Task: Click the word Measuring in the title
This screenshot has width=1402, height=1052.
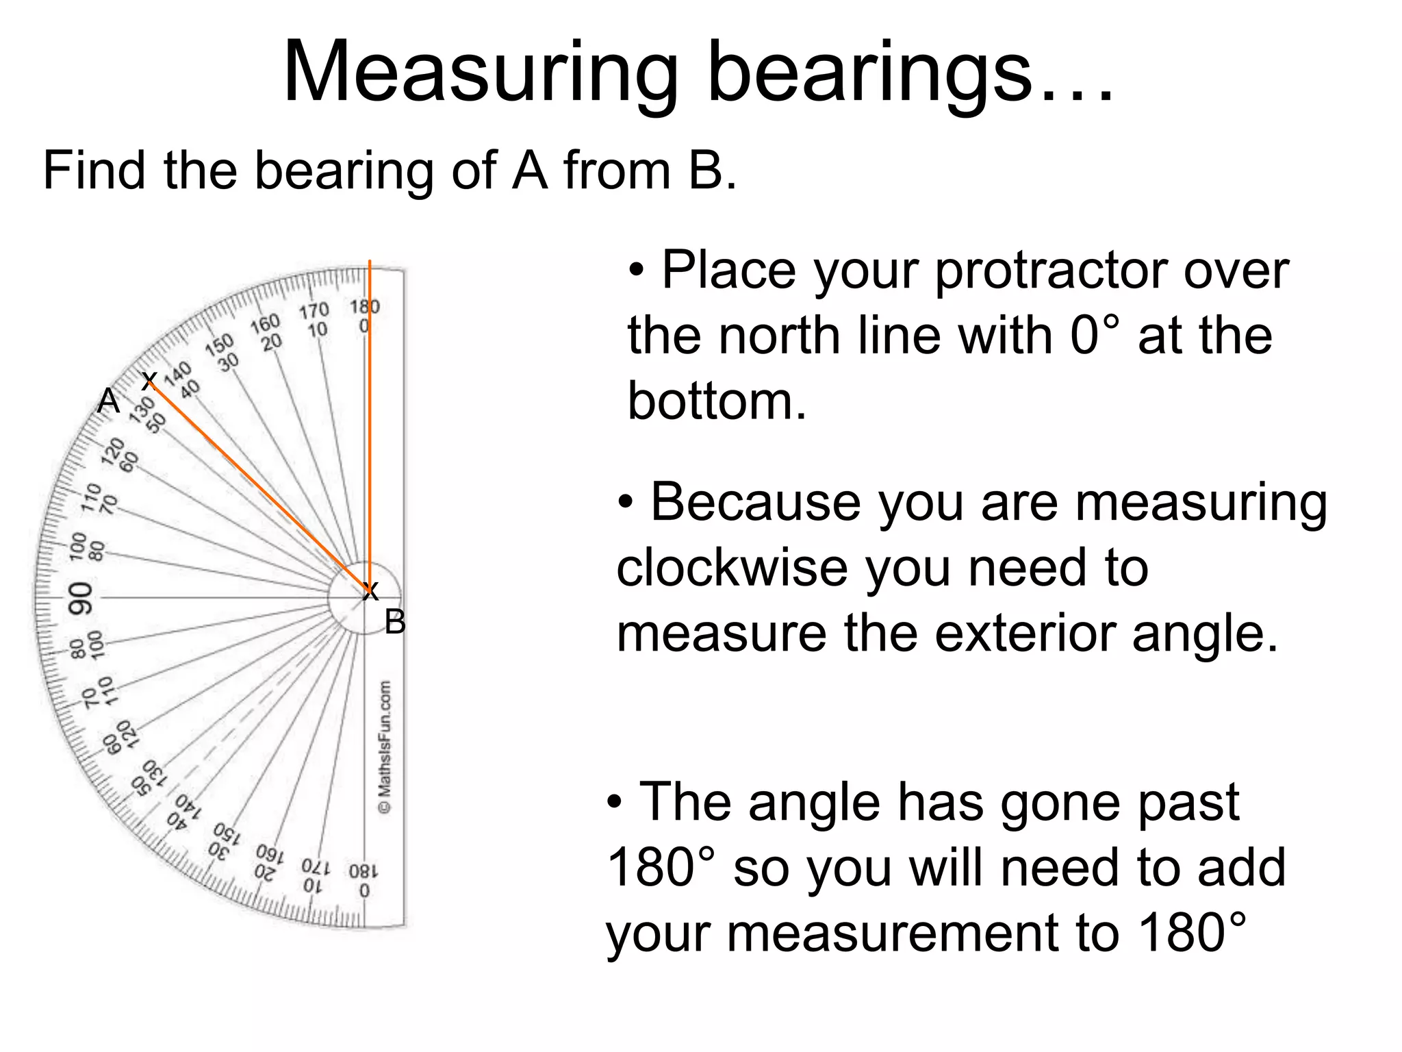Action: (480, 74)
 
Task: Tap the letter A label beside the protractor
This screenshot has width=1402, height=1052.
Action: (108, 401)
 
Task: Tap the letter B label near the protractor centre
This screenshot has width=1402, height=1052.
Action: (395, 623)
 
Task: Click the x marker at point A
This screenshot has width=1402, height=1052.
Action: (149, 380)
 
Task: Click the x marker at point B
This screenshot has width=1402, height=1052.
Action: (370, 590)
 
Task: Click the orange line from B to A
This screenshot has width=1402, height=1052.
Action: (260, 486)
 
